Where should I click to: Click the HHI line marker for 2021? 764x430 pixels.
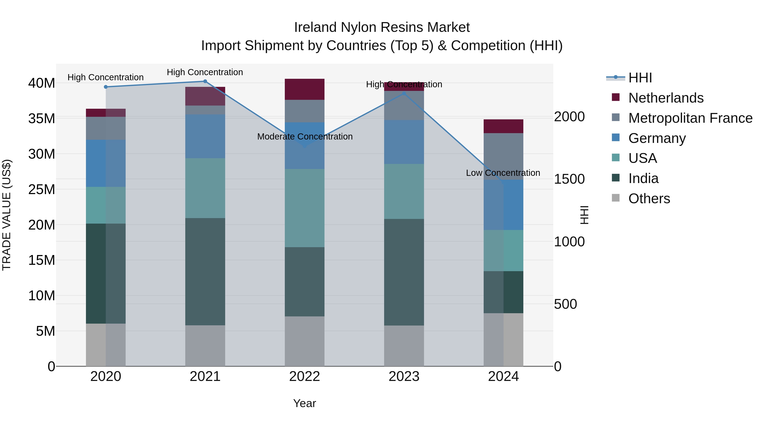205,81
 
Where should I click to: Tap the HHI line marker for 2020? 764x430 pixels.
106,87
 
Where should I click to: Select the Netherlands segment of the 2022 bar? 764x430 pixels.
305,89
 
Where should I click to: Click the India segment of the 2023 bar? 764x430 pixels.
404,272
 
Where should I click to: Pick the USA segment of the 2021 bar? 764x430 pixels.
205,188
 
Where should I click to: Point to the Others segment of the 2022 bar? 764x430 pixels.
305,341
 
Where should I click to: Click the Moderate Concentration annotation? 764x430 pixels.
305,137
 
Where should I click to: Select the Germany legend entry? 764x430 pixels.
657,138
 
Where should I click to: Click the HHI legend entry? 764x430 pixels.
640,78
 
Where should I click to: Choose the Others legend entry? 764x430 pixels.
649,199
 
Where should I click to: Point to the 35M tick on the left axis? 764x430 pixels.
42,118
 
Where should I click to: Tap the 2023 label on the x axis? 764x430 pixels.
404,376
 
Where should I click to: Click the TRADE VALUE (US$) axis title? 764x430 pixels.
7,215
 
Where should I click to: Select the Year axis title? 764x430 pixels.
305,403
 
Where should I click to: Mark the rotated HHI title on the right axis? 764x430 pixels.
584,215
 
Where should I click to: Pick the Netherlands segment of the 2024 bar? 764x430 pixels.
503,126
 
